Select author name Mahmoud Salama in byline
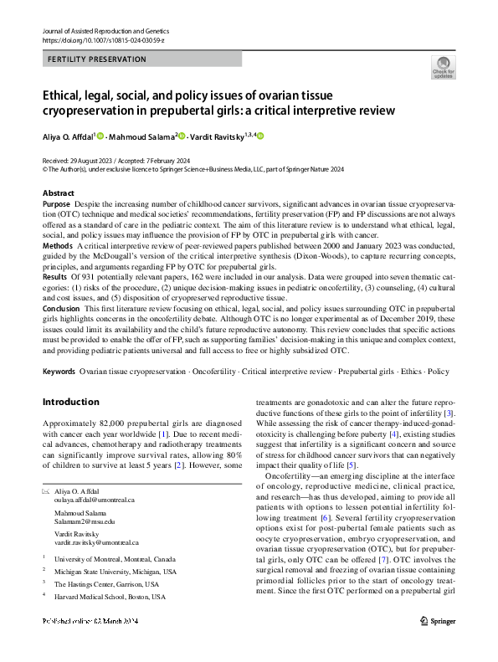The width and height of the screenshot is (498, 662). coord(140,135)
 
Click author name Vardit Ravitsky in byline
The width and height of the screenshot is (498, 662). coord(222,135)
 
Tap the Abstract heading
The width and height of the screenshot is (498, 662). coord(58,193)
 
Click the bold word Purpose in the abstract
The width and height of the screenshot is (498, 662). coord(56,203)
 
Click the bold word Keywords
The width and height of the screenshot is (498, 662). coord(59,369)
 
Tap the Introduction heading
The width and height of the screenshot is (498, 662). coord(71,402)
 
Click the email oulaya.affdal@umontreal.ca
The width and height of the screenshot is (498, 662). coord(94,499)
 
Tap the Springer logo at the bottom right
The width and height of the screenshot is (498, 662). coord(439,644)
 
